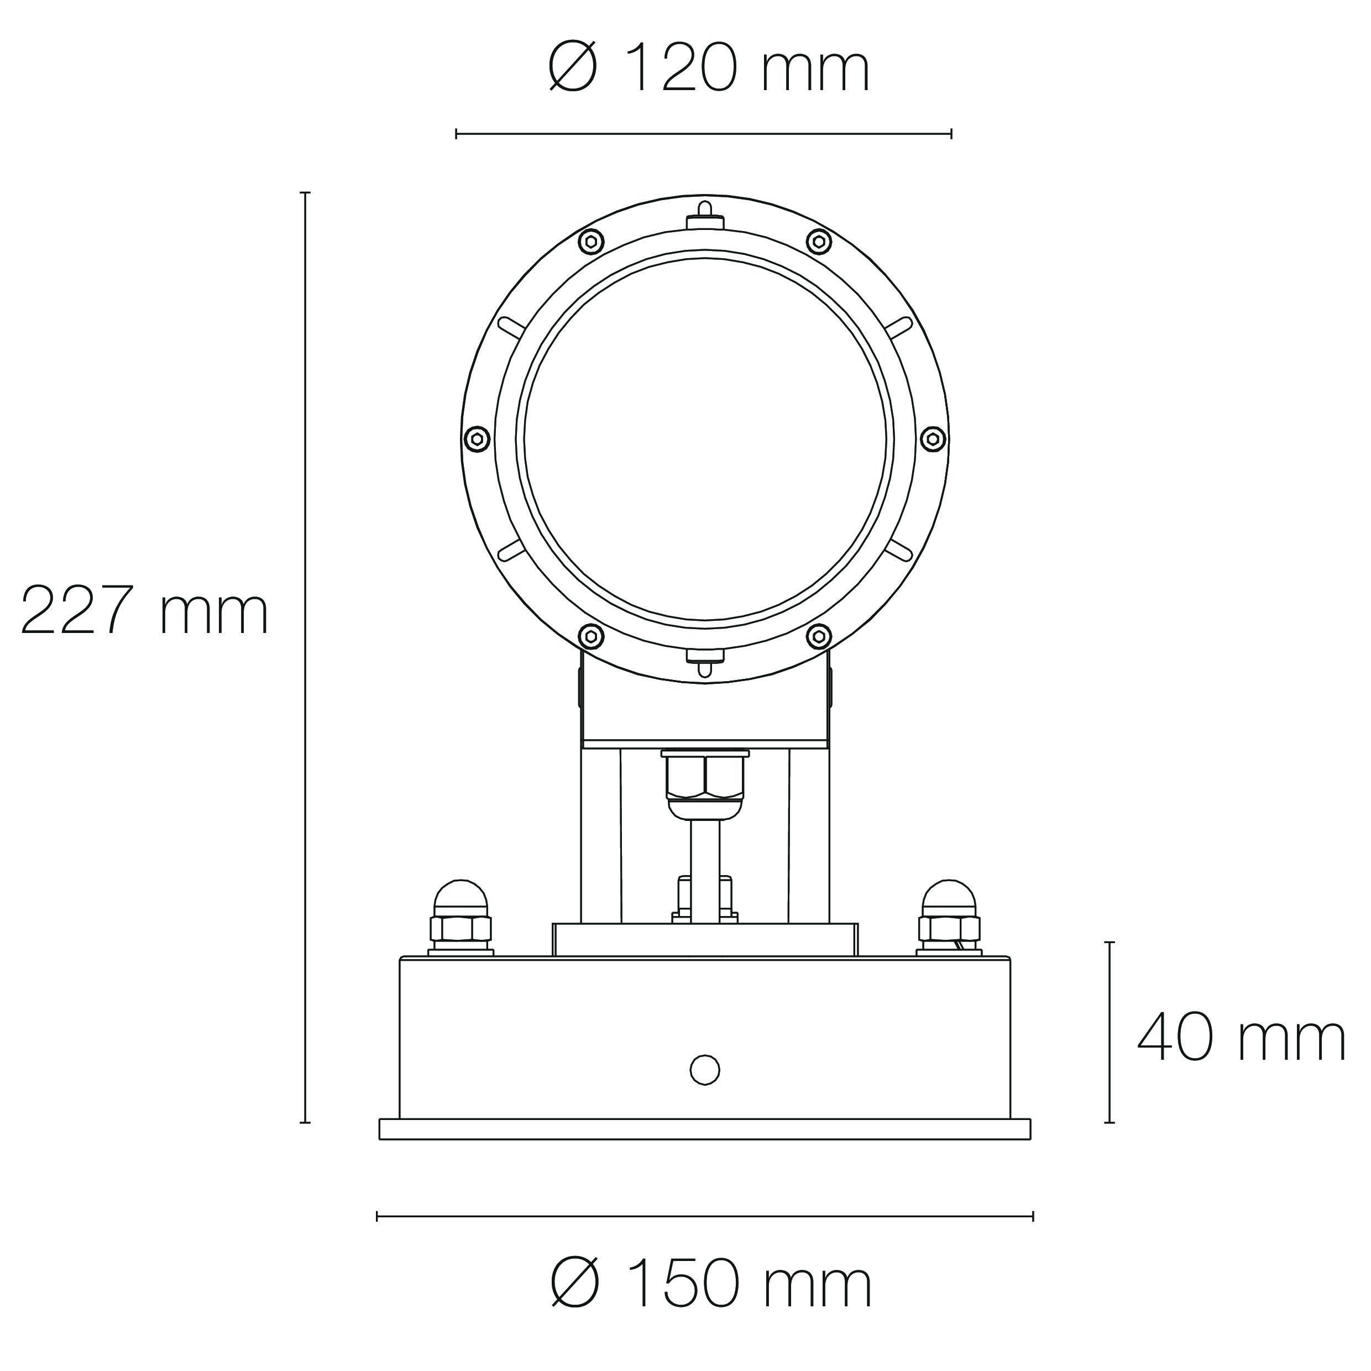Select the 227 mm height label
click(x=145, y=610)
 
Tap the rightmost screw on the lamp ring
click(x=934, y=438)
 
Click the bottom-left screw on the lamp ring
click(x=591, y=636)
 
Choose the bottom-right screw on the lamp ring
click(x=820, y=636)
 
